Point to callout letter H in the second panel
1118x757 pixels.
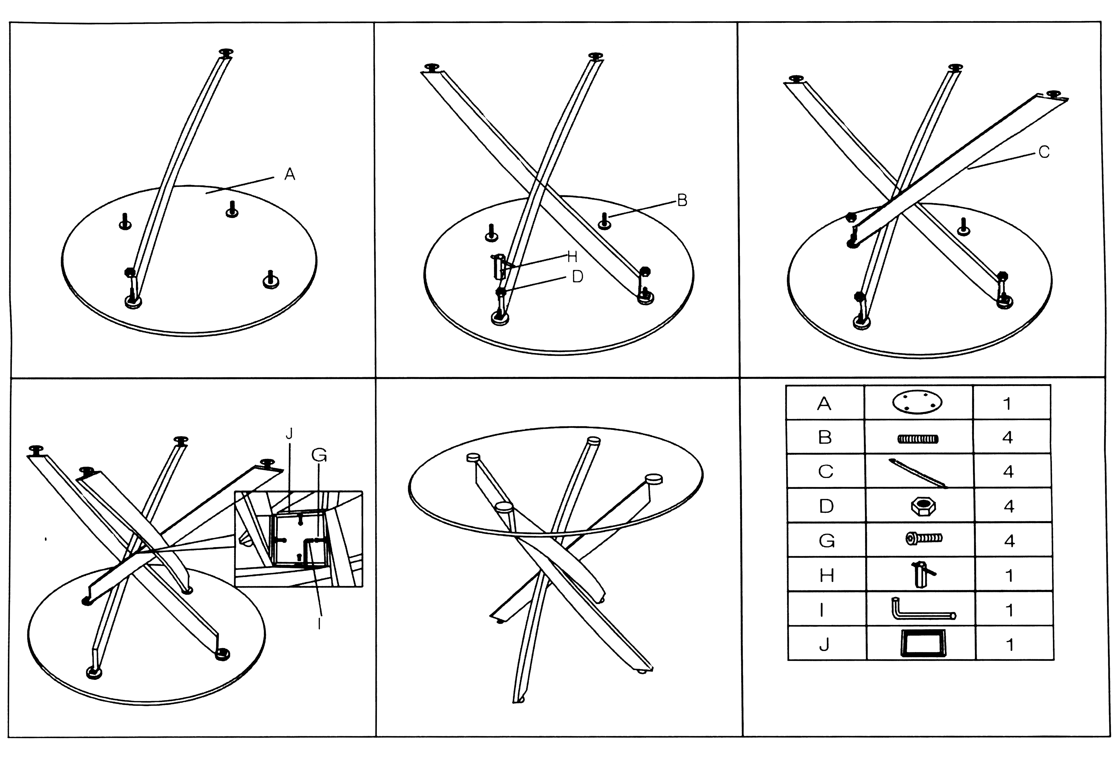coord(572,257)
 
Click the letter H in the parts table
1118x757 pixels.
coord(826,575)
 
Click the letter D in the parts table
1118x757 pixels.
coord(826,506)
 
